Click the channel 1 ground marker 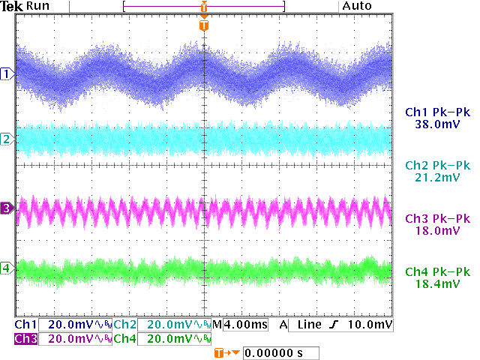[7, 73]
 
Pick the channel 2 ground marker [7, 139]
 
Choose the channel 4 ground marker [7, 268]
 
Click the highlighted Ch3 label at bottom [25, 339]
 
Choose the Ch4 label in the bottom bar [124, 339]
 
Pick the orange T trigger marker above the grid [204, 25]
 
